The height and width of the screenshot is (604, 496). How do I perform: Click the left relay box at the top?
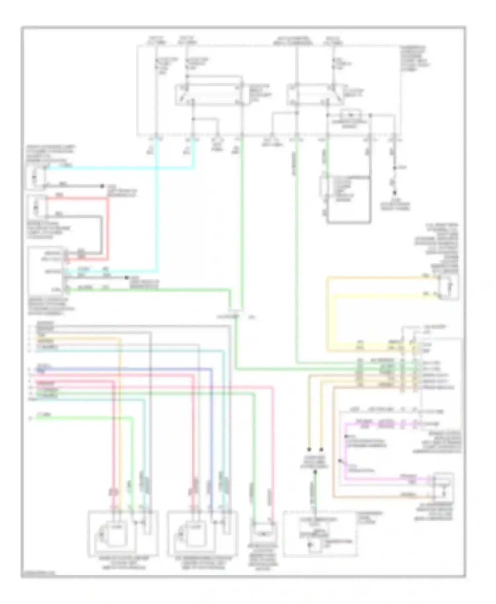pyautogui.click(x=209, y=95)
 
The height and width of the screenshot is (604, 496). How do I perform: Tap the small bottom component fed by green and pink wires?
pyautogui.click(x=264, y=533)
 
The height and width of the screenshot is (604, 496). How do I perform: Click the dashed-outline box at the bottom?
pyautogui.click(x=319, y=535)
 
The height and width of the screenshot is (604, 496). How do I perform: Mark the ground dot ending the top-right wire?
pyautogui.click(x=394, y=193)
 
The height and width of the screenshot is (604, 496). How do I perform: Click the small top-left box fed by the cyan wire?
pyautogui.click(x=36, y=178)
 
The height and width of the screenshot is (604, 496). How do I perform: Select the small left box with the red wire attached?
pyautogui.click(x=37, y=207)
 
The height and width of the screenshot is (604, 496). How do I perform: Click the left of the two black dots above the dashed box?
pyautogui.click(x=309, y=449)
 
